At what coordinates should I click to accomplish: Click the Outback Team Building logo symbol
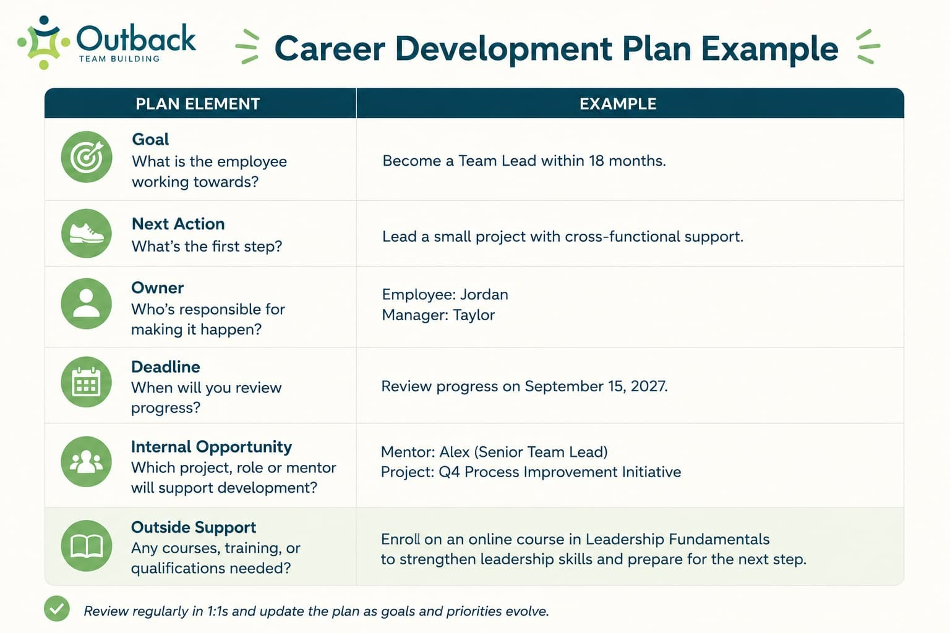coord(44,43)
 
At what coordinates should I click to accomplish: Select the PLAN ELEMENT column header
coord(198,104)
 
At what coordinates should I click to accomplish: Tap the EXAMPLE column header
coord(618,104)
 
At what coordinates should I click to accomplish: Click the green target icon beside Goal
coord(87,157)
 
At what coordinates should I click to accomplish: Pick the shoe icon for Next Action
coord(87,234)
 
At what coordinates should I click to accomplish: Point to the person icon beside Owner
coord(87,304)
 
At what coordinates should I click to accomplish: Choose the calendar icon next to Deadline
coord(87,382)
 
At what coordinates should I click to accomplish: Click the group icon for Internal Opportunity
coord(87,461)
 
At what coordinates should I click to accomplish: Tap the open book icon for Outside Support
coord(87,546)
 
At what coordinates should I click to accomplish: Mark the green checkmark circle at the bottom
coord(57,609)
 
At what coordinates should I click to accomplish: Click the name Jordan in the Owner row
coord(484,295)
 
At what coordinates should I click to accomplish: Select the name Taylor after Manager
coord(474,315)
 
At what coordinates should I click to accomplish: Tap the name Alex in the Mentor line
coord(454,452)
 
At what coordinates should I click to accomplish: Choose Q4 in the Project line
coord(449,472)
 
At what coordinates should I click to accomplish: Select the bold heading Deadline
coord(166,367)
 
